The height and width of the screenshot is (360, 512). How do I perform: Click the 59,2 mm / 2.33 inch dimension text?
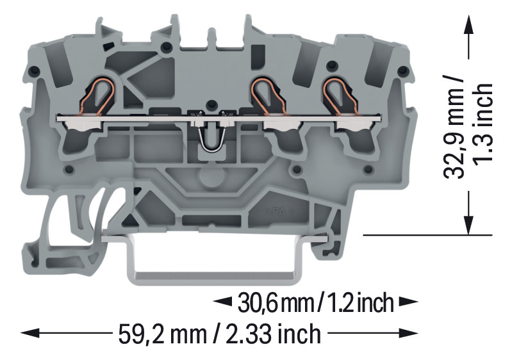[219, 334]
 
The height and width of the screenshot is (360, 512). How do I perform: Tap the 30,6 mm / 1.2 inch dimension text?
[315, 303]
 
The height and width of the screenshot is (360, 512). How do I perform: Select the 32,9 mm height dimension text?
[454, 127]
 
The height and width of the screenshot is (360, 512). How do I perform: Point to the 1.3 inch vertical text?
[483, 124]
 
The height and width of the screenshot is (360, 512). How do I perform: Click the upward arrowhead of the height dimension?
[469, 24]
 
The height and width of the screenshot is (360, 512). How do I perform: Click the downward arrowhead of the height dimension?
[469, 225]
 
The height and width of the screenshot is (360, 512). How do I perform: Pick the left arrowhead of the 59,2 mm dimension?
[30, 333]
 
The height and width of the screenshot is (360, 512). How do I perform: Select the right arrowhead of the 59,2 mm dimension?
[408, 333]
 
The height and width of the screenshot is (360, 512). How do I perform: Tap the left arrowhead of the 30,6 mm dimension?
[223, 302]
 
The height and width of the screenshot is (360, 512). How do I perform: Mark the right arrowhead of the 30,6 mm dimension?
[408, 302]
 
